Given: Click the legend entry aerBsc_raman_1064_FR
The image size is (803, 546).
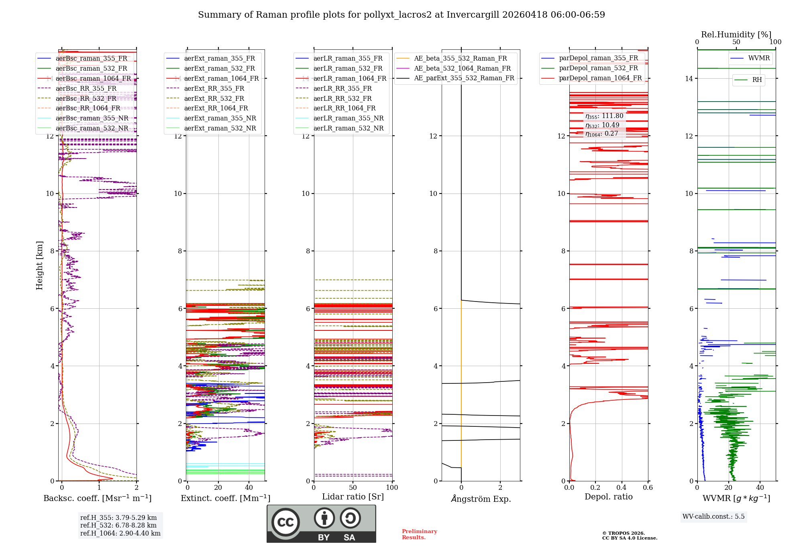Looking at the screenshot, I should pyautogui.click(x=93, y=79).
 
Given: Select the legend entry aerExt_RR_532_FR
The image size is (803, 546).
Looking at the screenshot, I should pyautogui.click(x=214, y=98).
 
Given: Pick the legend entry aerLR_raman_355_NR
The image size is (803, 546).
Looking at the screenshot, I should pyautogui.click(x=348, y=118).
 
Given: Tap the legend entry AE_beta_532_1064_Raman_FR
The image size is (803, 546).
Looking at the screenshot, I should pyautogui.click(x=462, y=69).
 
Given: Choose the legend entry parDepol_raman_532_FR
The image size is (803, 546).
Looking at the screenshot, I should pyautogui.click(x=598, y=68).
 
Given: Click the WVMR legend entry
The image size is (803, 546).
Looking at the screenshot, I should pyautogui.click(x=758, y=58).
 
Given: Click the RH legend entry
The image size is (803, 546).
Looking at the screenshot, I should pyautogui.click(x=757, y=80).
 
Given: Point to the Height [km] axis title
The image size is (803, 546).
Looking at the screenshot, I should pyautogui.click(x=39, y=265).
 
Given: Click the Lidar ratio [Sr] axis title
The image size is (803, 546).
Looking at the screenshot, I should pyautogui.click(x=353, y=497).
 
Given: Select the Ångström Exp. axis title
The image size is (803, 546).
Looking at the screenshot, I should pyautogui.click(x=481, y=499).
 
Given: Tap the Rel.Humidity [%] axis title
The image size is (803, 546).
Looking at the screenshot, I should pyautogui.click(x=736, y=35).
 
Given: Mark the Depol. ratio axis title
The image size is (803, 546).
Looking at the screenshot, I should pyautogui.click(x=608, y=497).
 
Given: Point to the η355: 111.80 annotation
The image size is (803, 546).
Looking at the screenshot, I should pyautogui.click(x=604, y=116).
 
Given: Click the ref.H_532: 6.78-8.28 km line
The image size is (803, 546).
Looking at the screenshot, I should pyautogui.click(x=118, y=526).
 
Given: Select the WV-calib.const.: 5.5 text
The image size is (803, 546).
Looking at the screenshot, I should pyautogui.click(x=713, y=517).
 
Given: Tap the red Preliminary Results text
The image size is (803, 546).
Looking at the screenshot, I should pyautogui.click(x=419, y=534).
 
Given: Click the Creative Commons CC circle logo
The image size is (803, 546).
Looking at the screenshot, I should pyautogui.click(x=285, y=522).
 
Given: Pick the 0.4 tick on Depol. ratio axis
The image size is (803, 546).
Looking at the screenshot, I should pyautogui.click(x=622, y=488).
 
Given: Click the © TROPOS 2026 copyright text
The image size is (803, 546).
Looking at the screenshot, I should pyautogui.click(x=623, y=534).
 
